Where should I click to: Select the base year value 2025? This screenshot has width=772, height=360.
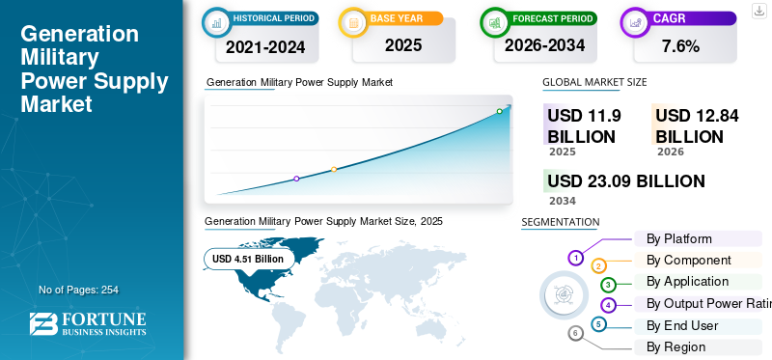point(403,44)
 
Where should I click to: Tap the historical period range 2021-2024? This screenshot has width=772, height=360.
point(265,45)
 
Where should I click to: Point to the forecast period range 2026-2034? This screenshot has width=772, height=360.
point(544,44)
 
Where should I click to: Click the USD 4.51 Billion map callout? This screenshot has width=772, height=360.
point(248,259)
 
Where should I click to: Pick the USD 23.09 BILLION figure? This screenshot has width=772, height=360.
point(625,180)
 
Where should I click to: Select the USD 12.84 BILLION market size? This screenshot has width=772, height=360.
point(697,126)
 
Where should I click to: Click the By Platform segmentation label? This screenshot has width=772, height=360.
point(679,238)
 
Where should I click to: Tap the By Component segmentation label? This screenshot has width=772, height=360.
point(689,260)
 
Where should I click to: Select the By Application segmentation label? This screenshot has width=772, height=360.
point(687,281)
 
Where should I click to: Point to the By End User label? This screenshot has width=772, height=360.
point(682,325)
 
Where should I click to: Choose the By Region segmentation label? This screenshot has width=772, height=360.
point(675,346)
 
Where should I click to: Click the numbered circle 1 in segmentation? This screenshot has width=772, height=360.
point(575,258)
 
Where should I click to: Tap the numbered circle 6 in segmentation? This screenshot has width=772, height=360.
point(576,333)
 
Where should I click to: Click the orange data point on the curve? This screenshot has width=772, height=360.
point(334,169)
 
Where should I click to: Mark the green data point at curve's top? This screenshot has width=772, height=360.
point(499,111)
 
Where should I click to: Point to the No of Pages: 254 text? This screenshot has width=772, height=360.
point(78,290)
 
